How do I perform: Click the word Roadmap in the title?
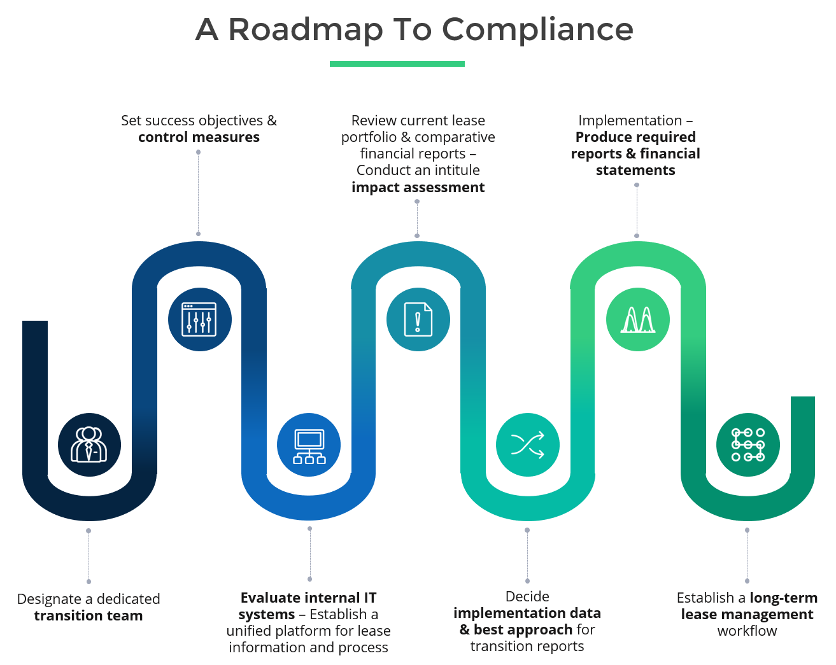306,30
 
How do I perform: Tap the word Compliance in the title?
537,30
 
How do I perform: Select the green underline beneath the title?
397,64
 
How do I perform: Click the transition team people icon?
89,445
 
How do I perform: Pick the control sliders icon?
199,319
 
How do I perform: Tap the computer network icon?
309,445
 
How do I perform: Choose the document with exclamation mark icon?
418,319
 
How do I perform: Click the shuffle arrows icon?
528,445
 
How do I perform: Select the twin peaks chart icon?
637,319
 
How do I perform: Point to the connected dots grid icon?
747,445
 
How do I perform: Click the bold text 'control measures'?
199,137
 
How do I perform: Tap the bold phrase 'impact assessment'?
418,188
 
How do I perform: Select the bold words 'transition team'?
89,616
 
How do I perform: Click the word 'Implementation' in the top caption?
630,121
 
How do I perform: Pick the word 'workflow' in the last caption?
747,631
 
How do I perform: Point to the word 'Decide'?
527,597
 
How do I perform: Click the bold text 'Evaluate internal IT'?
308,598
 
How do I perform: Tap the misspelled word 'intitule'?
453,171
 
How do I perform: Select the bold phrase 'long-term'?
784,598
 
